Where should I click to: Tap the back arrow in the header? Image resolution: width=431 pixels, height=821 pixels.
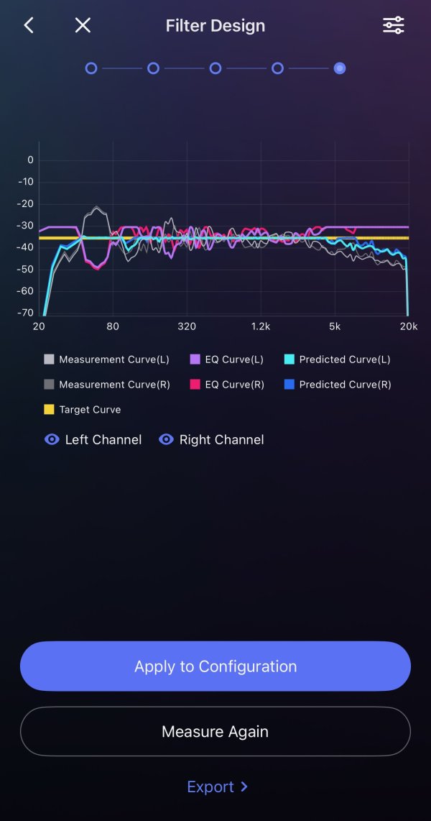point(29,25)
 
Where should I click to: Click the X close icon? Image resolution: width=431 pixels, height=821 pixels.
point(83,25)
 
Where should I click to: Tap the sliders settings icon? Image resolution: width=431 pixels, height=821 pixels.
point(394,25)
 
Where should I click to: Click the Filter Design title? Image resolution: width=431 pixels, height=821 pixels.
point(215,26)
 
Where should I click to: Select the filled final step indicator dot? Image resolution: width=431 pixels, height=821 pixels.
point(340,68)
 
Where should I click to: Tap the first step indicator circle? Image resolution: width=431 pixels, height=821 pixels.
point(91,68)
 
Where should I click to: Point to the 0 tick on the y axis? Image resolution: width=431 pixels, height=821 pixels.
point(30,160)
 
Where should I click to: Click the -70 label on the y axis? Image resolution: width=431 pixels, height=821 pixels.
point(26,313)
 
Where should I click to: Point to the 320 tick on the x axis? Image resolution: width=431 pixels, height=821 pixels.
point(187,326)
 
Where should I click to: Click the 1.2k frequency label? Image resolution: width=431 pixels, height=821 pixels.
point(261,326)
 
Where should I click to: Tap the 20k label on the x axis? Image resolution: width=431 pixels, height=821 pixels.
point(408,326)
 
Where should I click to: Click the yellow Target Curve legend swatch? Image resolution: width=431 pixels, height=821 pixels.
point(49,410)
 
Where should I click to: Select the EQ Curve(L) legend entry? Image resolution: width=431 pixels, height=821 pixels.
point(227,359)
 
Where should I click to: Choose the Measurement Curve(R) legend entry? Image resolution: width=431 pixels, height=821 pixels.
point(107,385)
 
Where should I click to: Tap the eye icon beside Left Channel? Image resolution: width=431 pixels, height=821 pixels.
point(52,439)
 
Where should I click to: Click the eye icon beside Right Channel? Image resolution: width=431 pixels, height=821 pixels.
point(166,439)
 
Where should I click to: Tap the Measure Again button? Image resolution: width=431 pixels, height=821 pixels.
point(215,731)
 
